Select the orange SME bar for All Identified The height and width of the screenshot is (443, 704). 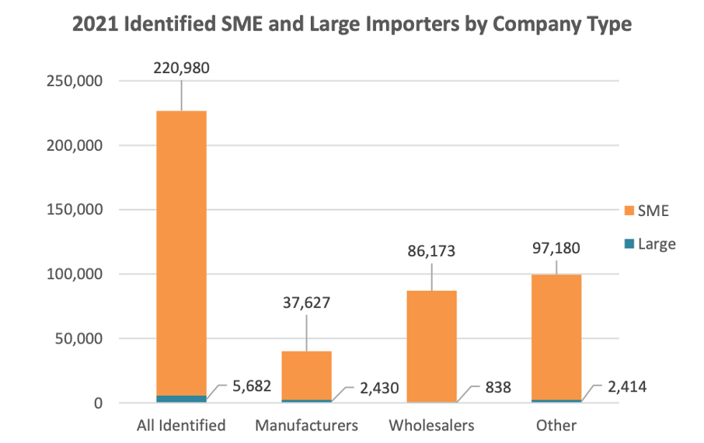181,249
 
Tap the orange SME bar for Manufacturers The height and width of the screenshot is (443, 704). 306,375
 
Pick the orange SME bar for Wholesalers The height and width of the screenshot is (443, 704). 431,346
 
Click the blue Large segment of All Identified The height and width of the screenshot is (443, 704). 181,399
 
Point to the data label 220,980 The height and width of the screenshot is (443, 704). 182,68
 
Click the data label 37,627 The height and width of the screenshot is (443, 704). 306,302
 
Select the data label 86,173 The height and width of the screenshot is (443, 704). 431,252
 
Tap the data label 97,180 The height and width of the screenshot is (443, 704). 556,249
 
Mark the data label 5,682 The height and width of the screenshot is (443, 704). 250,385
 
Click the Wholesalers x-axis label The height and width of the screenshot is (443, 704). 431,425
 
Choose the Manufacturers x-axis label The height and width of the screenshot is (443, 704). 306,425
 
